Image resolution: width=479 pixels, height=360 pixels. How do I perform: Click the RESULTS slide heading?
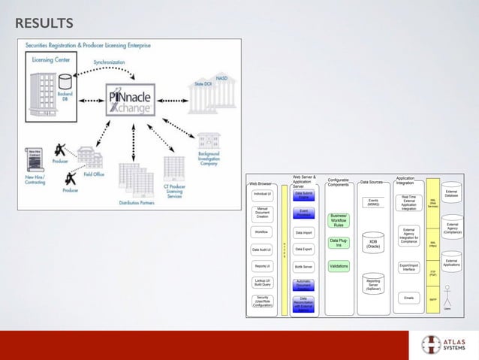(x=44, y=23)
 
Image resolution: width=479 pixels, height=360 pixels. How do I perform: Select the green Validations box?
(x=338, y=266)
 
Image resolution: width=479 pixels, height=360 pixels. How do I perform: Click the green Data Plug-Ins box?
(x=338, y=243)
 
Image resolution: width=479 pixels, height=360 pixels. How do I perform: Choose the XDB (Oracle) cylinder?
(x=373, y=241)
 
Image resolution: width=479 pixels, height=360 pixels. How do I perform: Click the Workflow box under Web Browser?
(x=262, y=232)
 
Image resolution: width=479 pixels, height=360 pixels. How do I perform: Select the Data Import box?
(x=304, y=232)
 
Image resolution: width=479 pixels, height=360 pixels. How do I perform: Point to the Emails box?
(x=408, y=298)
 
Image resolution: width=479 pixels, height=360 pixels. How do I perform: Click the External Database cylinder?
(x=452, y=193)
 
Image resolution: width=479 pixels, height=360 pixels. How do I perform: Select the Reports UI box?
(x=262, y=266)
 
